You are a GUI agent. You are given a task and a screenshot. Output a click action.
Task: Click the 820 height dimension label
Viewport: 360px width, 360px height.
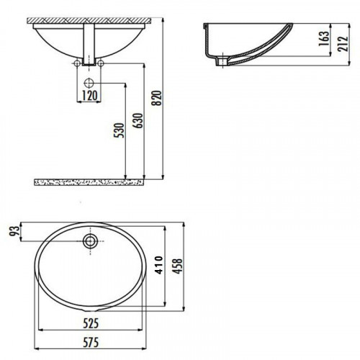pyautogui.click(x=158, y=98)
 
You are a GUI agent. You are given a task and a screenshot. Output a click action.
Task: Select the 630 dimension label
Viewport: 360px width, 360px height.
pyautogui.click(x=139, y=120)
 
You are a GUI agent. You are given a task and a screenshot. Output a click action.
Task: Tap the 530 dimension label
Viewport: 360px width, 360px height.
pyautogui.click(x=120, y=130)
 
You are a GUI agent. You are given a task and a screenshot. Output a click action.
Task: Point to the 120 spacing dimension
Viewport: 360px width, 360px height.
pyautogui.click(x=90, y=96)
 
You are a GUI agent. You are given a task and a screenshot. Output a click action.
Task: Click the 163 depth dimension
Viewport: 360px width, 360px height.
pyautogui.click(x=324, y=38)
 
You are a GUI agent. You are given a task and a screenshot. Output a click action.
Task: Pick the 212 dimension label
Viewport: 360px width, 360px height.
pyautogui.click(x=343, y=44)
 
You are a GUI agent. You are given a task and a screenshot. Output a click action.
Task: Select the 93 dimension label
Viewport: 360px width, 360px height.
pyautogui.click(x=15, y=231)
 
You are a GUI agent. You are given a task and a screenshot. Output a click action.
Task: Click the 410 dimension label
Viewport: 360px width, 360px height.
pyautogui.click(x=158, y=265)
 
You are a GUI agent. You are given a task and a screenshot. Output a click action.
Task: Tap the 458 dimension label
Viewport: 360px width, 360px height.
pyautogui.click(x=178, y=266)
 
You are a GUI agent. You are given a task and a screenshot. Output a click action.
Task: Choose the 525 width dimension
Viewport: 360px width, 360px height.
pyautogui.click(x=91, y=323)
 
